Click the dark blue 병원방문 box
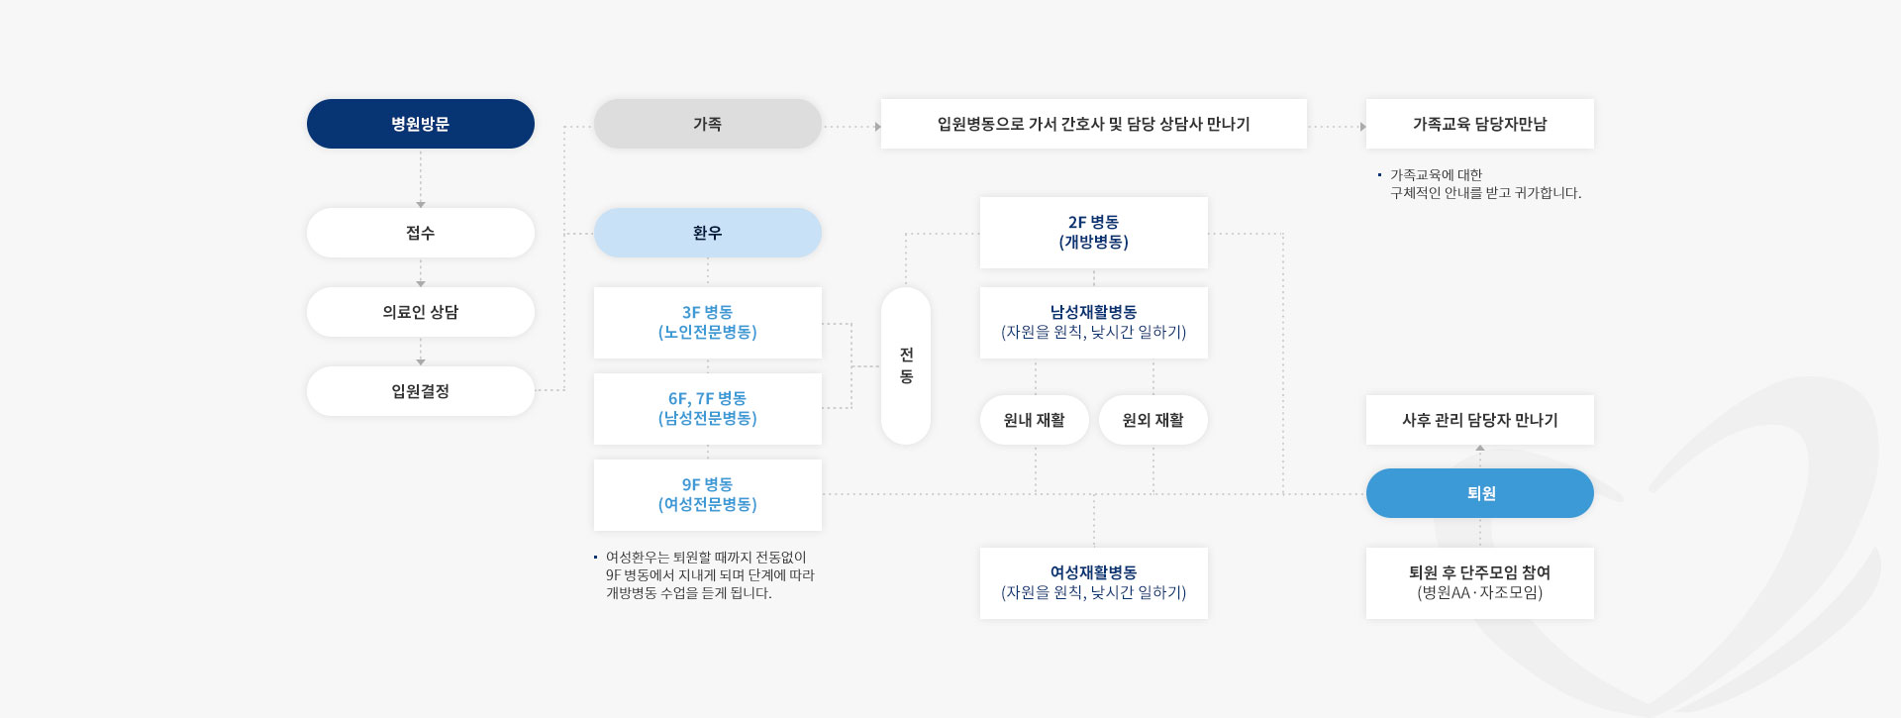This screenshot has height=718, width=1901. (x=421, y=124)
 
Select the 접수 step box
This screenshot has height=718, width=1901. (x=421, y=233)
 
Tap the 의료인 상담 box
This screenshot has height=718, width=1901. (x=421, y=312)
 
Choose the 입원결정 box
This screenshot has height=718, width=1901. (x=421, y=391)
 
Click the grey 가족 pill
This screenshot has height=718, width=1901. (x=708, y=124)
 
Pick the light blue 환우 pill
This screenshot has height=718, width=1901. (x=708, y=233)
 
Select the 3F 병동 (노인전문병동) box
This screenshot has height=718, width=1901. (x=708, y=323)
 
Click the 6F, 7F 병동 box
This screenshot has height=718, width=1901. (x=708, y=409)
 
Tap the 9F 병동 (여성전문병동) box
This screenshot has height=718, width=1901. (x=708, y=495)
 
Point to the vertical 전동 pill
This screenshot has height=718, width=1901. (x=906, y=365)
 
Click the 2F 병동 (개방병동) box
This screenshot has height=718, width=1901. (x=1094, y=233)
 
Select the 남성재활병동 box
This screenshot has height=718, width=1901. (x=1094, y=323)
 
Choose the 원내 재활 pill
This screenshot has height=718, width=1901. (x=1035, y=420)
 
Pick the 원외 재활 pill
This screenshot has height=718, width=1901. (x=1153, y=420)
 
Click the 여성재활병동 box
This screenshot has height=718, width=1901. (x=1094, y=583)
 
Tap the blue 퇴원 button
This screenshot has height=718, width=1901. (x=1480, y=493)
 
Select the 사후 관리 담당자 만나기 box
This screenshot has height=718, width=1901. (x=1480, y=420)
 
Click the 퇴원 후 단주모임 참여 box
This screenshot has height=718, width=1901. (x=1480, y=583)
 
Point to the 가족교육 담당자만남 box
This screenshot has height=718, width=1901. (x=1480, y=124)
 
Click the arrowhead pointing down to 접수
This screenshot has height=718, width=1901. (x=421, y=205)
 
